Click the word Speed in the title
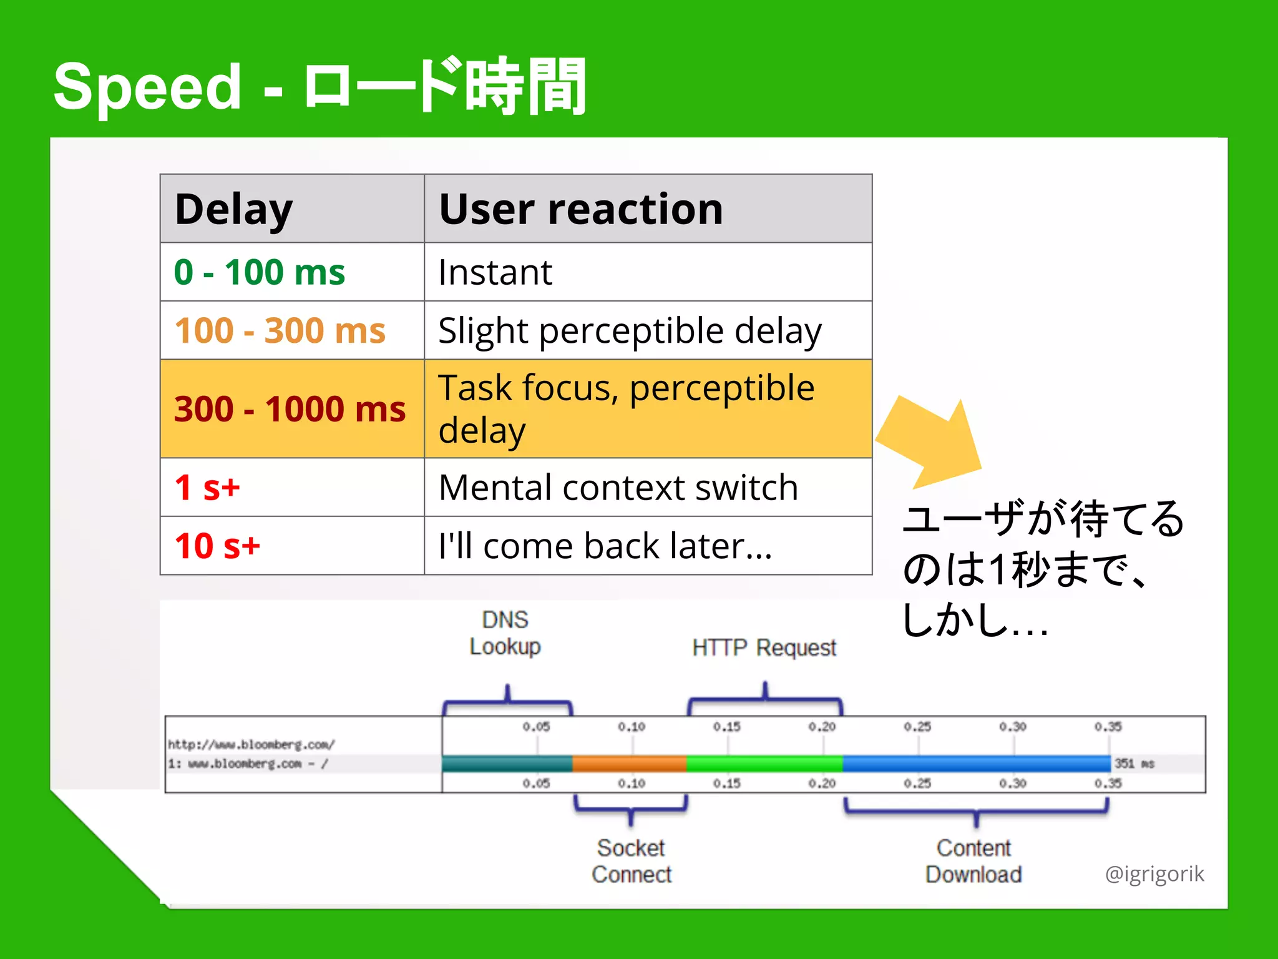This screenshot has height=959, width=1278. [x=147, y=87]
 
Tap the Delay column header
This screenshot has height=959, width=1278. [x=233, y=209]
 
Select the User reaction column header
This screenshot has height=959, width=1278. [x=580, y=209]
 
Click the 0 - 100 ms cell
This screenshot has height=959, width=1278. [x=259, y=272]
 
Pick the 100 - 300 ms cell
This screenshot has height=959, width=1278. [x=280, y=330]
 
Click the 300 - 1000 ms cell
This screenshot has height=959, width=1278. [x=290, y=409]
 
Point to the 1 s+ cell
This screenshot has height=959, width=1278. [x=207, y=488]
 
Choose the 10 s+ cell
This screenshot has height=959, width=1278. [x=217, y=546]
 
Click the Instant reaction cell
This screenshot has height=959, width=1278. [x=495, y=272]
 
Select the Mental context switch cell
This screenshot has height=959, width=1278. [x=618, y=488]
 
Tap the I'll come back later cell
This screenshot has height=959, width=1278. [x=605, y=546]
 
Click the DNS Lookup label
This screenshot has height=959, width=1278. [x=505, y=633]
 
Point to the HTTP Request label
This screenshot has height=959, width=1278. [x=764, y=647]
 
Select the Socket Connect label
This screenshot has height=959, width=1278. [x=631, y=861]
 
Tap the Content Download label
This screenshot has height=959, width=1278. [x=973, y=861]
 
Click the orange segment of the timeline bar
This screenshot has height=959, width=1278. [x=628, y=763]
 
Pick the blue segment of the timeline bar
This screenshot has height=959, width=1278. [x=977, y=763]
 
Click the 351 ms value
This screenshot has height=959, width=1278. [x=1134, y=764]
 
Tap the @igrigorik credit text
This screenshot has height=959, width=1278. [x=1154, y=873]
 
